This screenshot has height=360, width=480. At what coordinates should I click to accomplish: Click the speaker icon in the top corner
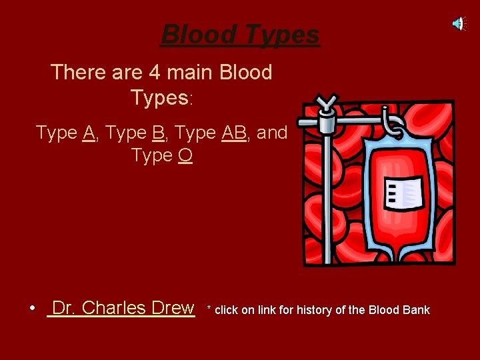pyautogui.click(x=459, y=24)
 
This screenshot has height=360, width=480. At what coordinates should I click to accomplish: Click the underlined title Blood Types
pyautogui.click(x=241, y=34)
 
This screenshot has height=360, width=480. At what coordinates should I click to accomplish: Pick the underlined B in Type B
pyautogui.click(x=158, y=133)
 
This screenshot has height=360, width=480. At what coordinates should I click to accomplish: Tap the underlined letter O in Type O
pyautogui.click(x=185, y=155)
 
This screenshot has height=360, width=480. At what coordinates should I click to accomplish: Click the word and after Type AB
pyautogui.click(x=272, y=133)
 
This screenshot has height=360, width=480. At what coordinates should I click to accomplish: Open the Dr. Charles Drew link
pyautogui.click(x=123, y=308)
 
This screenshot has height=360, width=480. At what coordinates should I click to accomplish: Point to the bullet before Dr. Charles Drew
pyautogui.click(x=32, y=309)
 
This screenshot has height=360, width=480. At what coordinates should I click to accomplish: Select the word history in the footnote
pyautogui.click(x=318, y=310)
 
